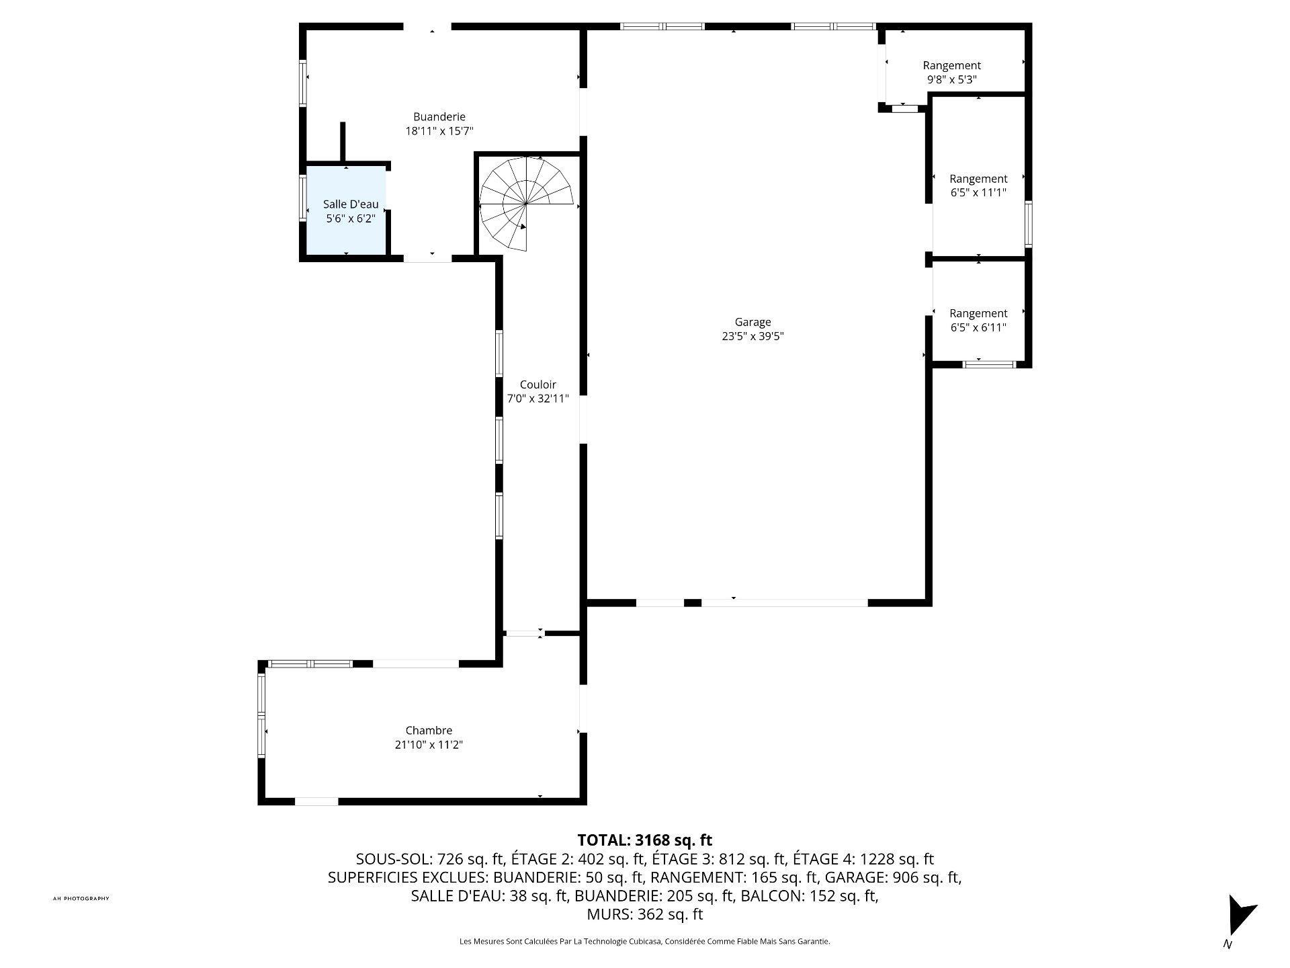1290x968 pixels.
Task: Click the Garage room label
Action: pos(752,322)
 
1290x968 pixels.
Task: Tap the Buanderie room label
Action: pos(439,117)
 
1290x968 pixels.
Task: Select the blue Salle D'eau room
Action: pos(346,210)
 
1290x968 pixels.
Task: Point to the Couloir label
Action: pos(538,385)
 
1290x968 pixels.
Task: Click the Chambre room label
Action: pos(429,730)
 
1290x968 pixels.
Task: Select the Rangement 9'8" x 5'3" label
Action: pos(951,72)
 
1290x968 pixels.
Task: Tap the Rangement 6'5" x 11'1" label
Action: pos(978,186)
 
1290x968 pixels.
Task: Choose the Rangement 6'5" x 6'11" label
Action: pos(978,320)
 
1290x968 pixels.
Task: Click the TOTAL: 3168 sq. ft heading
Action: pos(645,840)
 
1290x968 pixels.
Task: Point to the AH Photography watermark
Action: pos(81,899)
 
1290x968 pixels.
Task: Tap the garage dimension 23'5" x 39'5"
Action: pos(752,336)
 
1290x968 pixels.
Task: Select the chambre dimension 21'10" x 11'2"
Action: pos(429,744)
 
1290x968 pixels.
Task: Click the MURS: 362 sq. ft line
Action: pos(645,914)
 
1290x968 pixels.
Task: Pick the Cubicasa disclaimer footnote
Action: pos(645,942)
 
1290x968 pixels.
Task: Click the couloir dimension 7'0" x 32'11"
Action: pos(537,399)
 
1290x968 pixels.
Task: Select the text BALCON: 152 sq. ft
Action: pos(810,895)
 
